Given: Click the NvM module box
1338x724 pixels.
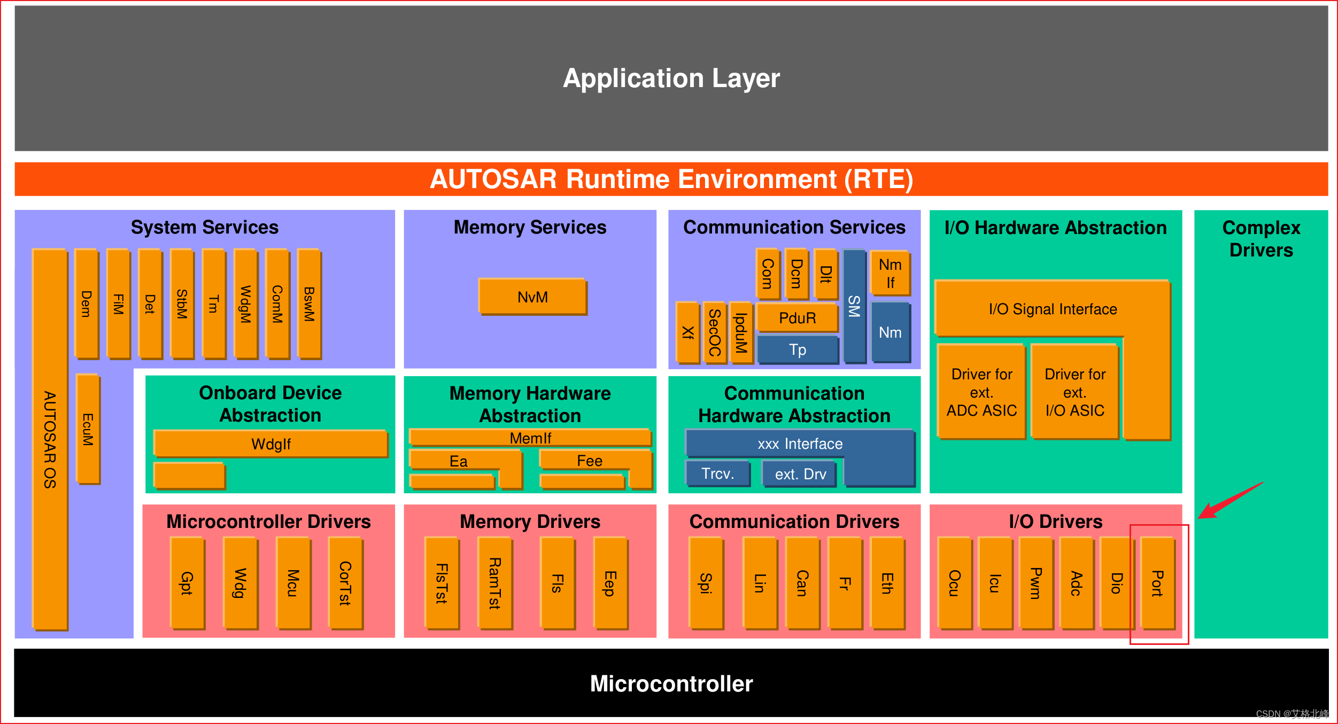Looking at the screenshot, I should point(532,297).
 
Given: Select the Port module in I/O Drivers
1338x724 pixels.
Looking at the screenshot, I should point(1157,583).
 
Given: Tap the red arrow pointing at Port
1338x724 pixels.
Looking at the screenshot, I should point(1229,501).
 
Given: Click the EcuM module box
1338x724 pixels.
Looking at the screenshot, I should point(88,429).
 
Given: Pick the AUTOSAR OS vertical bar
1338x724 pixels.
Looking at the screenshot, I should point(50,439).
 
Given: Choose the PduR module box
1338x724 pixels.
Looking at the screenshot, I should point(797,318).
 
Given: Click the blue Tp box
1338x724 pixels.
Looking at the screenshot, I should point(797,349).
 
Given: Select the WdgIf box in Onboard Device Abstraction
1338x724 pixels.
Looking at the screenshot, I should point(270,443).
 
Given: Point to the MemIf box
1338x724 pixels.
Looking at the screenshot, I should point(530,438).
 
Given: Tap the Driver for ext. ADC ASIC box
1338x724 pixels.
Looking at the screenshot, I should point(981,392).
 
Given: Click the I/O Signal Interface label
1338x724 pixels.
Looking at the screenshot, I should point(1053,309).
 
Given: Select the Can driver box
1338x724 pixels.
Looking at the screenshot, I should point(802,583).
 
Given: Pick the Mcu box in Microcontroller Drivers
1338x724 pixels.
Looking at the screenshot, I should point(292,583).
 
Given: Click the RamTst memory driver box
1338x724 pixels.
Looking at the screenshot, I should point(495,583).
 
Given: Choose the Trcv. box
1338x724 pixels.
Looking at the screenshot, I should point(717,473).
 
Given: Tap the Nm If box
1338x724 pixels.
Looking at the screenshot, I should point(890,273).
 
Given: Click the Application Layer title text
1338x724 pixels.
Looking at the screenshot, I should point(671,79).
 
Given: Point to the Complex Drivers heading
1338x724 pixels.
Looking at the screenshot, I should point(1260,239).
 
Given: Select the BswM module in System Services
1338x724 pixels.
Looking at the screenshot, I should point(309,304).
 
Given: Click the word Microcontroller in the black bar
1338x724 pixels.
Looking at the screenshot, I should point(671,683).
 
